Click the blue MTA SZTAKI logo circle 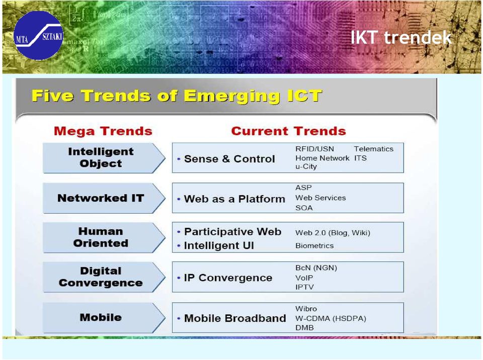tap(39, 35)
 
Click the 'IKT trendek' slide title tap(401, 38)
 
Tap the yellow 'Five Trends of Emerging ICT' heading tap(177, 96)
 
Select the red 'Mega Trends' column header tap(103, 131)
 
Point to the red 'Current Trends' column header tap(289, 131)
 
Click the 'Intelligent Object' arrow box tap(104, 158)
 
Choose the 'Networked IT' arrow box tap(104, 198)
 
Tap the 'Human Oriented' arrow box tap(104, 237)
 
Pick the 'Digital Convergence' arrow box tap(104, 277)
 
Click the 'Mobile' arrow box tap(104, 317)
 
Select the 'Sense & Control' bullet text tap(229, 159)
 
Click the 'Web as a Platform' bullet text tap(234, 199)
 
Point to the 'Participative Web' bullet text tap(232, 232)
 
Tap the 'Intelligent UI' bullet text tap(219, 245)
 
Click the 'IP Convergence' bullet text tap(228, 278)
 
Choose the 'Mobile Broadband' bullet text tap(235, 318)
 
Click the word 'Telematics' tap(374, 149)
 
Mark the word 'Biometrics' tap(314, 246)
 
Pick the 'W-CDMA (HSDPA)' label tap(331, 318)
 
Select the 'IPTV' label tap(305, 287)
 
